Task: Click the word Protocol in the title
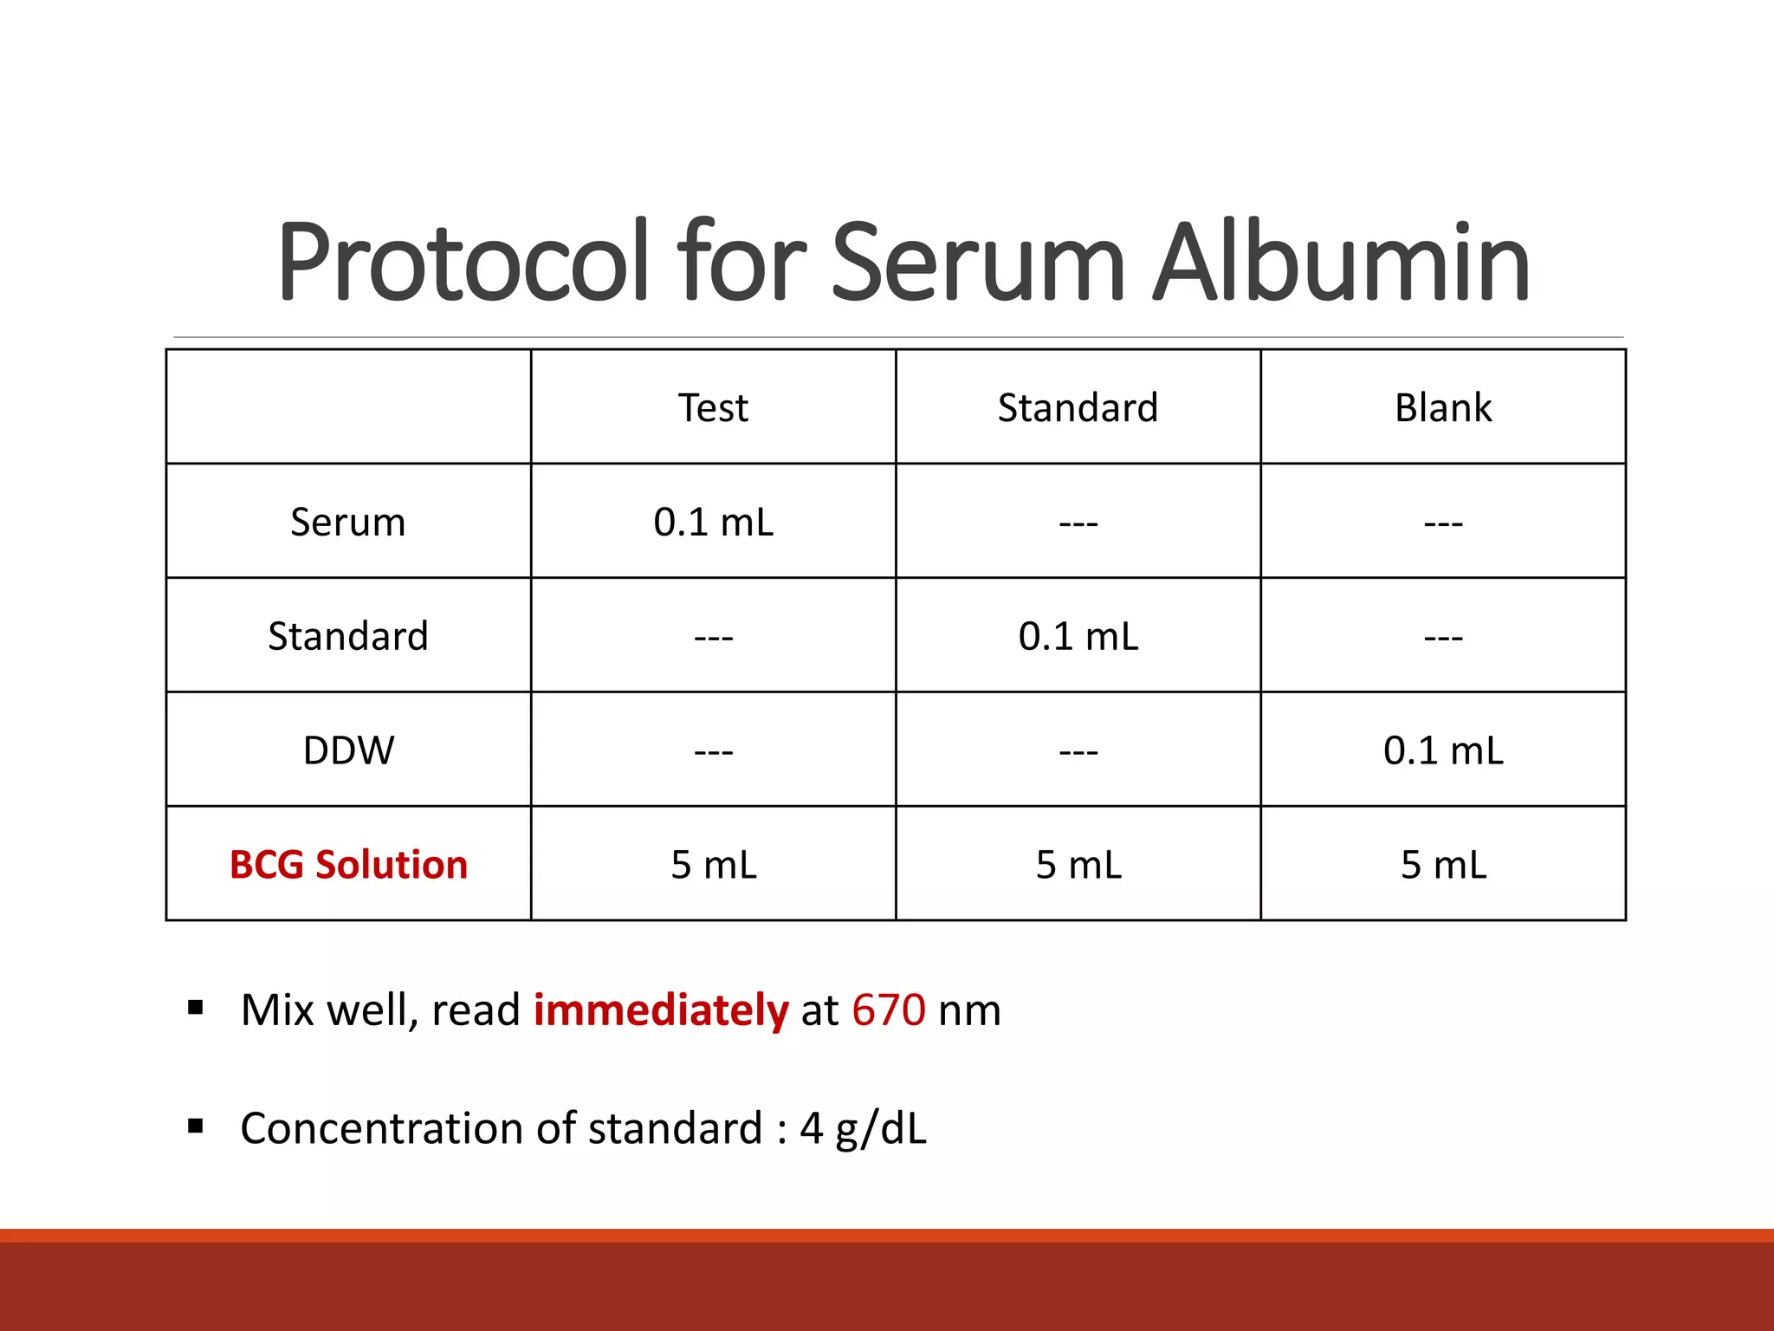tap(463, 263)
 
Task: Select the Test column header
tap(713, 407)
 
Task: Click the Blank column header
tap(1443, 407)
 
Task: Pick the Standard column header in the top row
tap(1078, 407)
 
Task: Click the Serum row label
tap(348, 523)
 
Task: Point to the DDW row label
tap(348, 750)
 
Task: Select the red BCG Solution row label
tap(348, 865)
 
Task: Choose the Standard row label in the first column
tap(348, 636)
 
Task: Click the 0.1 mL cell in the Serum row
tap(713, 523)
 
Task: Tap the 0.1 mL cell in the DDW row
tap(1443, 750)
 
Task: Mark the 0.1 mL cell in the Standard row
tap(1078, 636)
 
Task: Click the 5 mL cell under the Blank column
tap(1443, 865)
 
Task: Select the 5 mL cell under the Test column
tap(713, 865)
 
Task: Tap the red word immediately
tap(660, 1010)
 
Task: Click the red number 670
tap(889, 1010)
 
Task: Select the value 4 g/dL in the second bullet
tap(863, 1128)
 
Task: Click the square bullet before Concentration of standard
tap(196, 1126)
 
